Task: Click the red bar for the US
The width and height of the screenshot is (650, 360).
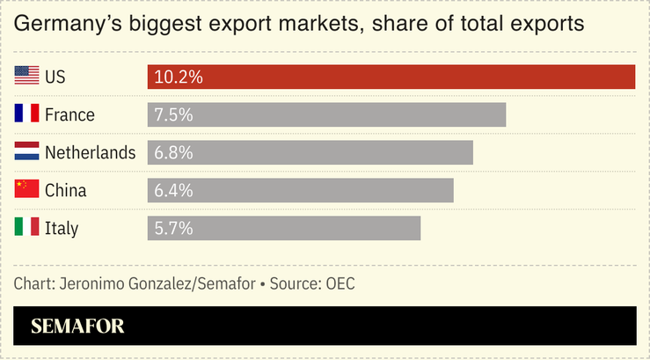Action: pos(391,77)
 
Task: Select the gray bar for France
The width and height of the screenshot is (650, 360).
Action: pos(326,114)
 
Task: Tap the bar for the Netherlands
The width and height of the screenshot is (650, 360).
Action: pos(310,152)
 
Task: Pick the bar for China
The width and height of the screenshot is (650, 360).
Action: pos(300,190)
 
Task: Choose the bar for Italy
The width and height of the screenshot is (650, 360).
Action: pos(284,228)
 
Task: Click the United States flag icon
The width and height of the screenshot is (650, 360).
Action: pos(27,77)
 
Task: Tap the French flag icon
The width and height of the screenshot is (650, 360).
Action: pos(27,114)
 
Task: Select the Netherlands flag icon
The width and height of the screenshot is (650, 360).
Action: pos(27,152)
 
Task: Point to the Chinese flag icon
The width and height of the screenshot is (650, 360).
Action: pos(27,190)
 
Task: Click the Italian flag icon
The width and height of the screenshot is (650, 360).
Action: pos(27,228)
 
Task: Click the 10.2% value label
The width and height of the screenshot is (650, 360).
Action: pos(179,77)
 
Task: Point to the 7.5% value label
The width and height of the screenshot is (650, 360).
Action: pos(173,115)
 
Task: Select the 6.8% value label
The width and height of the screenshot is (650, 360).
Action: pos(173,153)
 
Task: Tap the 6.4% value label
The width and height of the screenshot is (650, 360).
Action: pos(173,191)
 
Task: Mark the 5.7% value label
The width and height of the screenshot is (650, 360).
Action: pos(173,229)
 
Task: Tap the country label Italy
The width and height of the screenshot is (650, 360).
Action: pos(62,229)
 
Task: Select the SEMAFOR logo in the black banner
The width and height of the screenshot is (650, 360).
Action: pos(77,327)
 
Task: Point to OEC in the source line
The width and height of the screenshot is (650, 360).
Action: pos(340,283)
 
